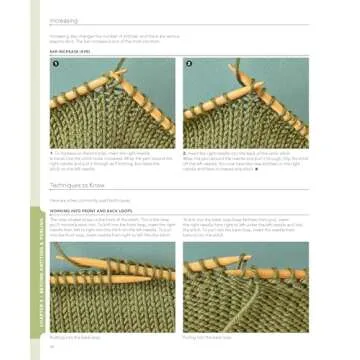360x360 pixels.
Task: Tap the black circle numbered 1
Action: coord(56,64)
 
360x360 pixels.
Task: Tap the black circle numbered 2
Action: coord(189,64)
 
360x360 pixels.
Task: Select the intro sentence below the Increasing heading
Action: coord(110,35)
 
